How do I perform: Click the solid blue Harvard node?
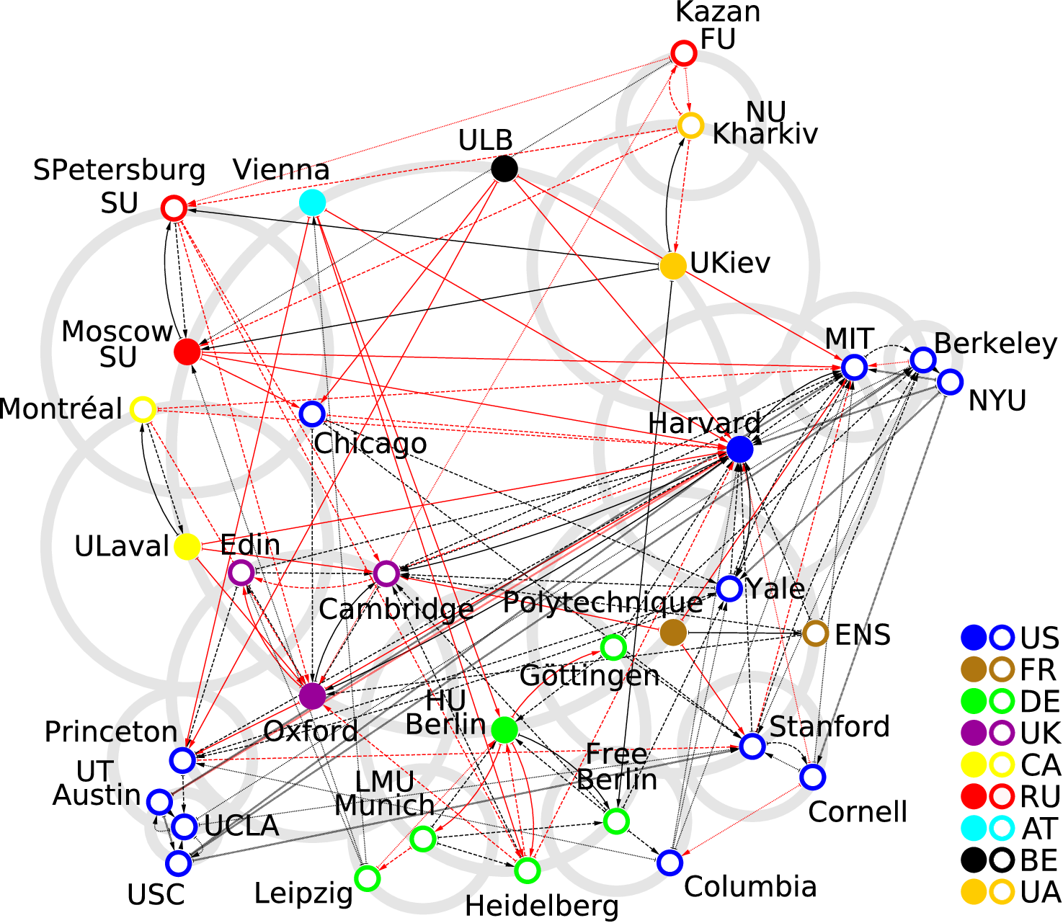739,450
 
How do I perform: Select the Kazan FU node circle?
683,53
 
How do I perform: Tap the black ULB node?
504,169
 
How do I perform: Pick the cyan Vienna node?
312,202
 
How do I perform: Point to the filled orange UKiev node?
673,266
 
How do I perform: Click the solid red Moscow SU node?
187,352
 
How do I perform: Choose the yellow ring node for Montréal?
143,409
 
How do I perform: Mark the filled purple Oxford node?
312,696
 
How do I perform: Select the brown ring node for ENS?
816,634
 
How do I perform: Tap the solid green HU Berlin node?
504,730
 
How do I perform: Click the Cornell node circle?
812,777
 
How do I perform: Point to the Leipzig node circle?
367,878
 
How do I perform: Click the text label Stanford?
830,726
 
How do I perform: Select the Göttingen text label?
589,676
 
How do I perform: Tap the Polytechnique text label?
602,602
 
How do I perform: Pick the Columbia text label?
750,886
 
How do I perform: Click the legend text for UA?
1040,892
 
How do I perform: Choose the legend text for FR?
1038,670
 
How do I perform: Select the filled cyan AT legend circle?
974,829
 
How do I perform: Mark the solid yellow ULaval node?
187,547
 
